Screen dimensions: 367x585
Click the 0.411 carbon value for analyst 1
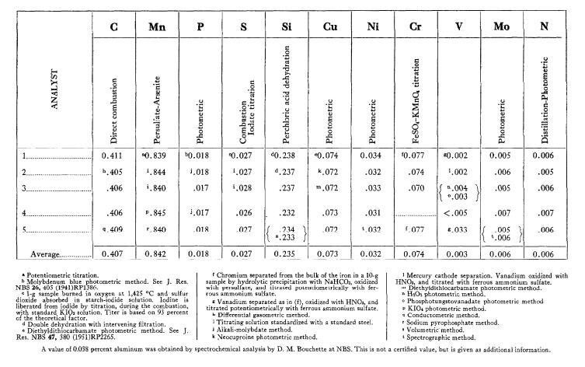tap(113, 156)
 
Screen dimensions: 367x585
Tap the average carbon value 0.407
tap(113, 253)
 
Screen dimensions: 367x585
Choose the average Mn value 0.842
tap(158, 253)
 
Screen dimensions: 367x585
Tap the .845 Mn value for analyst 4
tap(158, 211)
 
